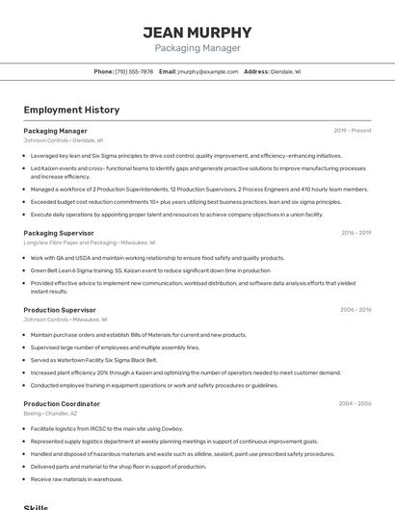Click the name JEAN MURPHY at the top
(x=197, y=32)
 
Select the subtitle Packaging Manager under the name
(x=197, y=48)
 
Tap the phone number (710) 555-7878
(x=134, y=71)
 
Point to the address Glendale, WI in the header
(x=285, y=71)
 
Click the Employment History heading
(x=71, y=110)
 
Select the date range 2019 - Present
(x=353, y=130)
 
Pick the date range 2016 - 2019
(x=355, y=233)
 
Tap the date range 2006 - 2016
(x=355, y=310)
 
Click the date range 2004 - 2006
(x=355, y=404)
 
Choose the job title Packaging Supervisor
(x=59, y=233)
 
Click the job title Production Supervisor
(x=60, y=310)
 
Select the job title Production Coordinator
(x=62, y=404)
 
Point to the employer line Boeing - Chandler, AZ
(x=51, y=413)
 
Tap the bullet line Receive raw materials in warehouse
(x=77, y=478)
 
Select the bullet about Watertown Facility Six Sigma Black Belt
(x=93, y=360)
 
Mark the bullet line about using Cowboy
(x=106, y=428)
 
